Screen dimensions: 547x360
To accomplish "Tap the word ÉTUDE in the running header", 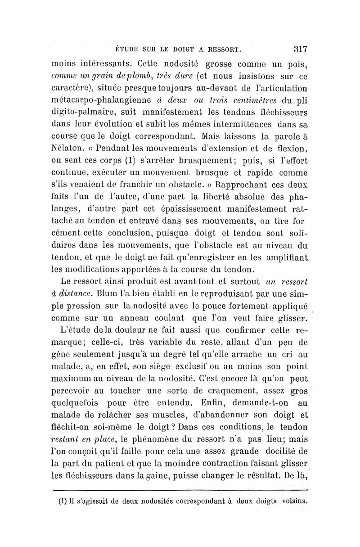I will pyautogui.click(x=127, y=48).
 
